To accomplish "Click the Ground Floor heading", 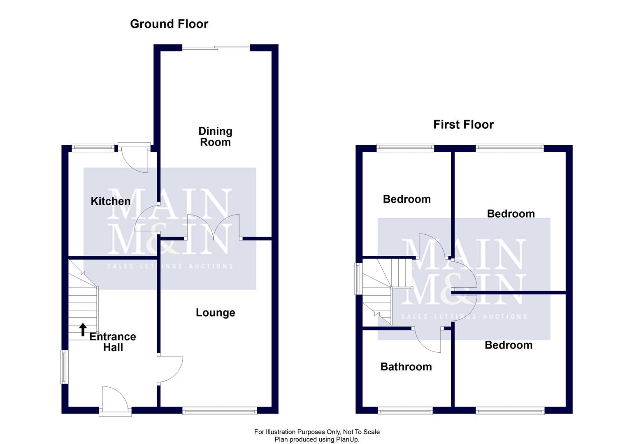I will pos(169,24).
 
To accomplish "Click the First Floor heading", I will pos(463,125).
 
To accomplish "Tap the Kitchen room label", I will pos(110,201).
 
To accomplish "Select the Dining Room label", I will pos(215,136).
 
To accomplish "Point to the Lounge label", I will pos(215,313).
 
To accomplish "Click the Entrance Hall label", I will pos(113,342).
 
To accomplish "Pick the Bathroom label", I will pos(406,367).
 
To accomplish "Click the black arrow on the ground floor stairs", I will pos(83,329).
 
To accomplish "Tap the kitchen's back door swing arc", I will pos(134,158).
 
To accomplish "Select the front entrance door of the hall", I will pos(115,399).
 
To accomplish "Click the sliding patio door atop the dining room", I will pos(216,48).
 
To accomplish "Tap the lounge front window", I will pos(220,410).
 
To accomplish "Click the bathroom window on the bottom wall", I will pos(405,410).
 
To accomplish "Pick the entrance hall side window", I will pos(64,367).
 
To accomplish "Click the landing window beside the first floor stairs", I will pos(359,278).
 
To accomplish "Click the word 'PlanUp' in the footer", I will pos(348,439).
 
